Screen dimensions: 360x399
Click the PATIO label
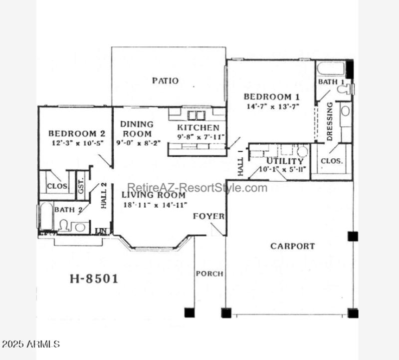click(165, 81)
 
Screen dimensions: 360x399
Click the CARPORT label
click(292, 246)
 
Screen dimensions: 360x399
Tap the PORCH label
click(209, 274)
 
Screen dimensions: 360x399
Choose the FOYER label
click(208, 216)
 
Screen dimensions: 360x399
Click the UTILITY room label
click(285, 161)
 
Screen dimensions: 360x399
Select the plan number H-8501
click(93, 279)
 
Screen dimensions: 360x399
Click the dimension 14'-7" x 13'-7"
click(272, 106)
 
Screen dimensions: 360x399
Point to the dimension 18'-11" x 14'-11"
click(155, 205)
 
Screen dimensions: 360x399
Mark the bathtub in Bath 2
click(44, 216)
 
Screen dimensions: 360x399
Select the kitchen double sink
click(196, 115)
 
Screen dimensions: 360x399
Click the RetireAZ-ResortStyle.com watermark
click(197, 188)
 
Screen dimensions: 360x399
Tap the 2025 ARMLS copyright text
click(30, 344)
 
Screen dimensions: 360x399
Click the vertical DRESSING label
click(330, 122)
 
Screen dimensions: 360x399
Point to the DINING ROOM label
click(137, 129)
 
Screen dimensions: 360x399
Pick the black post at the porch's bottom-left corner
click(189, 313)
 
